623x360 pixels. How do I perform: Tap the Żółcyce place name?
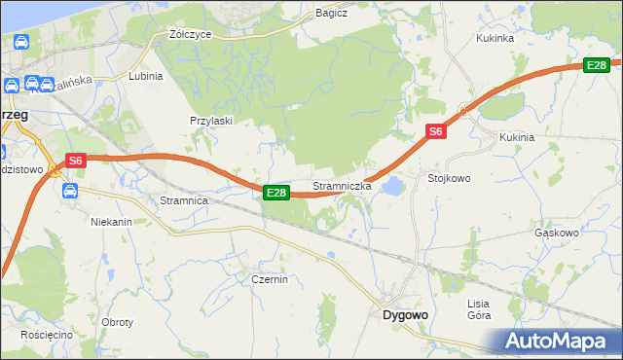tap(190, 33)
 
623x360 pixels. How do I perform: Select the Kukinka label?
tap(495, 38)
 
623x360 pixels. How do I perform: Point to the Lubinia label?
tap(145, 75)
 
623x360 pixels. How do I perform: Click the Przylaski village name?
tap(210, 121)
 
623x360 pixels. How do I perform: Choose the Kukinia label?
tap(517, 137)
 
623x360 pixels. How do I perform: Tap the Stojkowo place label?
tap(449, 179)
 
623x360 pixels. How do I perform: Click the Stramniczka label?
tap(342, 186)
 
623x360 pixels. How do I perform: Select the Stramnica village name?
tap(184, 200)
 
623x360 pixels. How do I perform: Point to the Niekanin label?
tap(111, 222)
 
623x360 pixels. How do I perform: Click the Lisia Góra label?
tap(479, 309)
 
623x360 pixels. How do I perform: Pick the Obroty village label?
tap(117, 322)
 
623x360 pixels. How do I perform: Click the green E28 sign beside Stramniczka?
tap(275, 193)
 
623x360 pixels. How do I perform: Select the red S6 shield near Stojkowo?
tap(435, 131)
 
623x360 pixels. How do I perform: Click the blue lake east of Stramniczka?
tap(392, 185)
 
